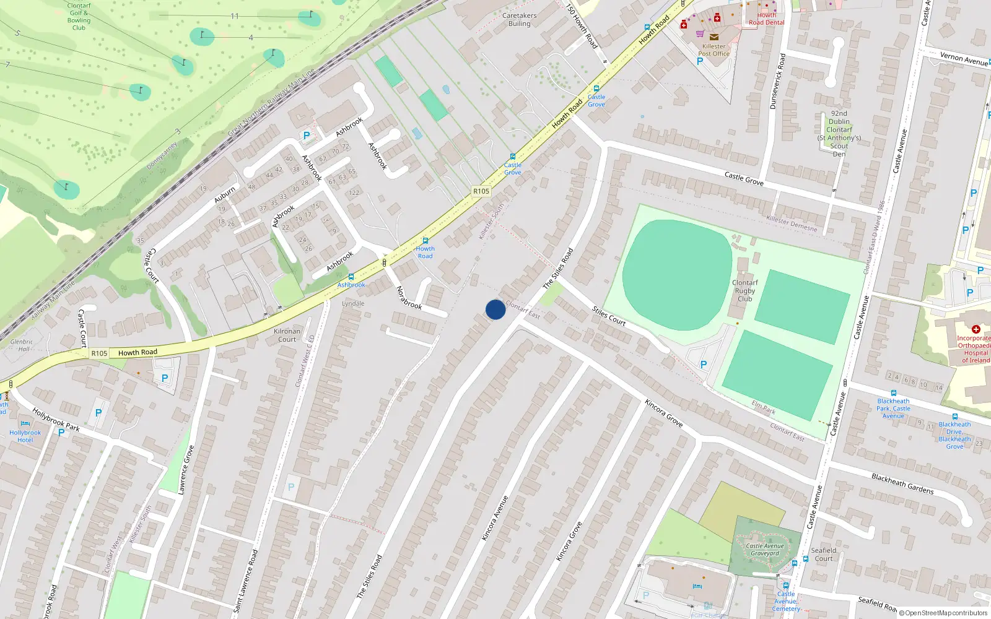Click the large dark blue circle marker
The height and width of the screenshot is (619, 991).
(x=495, y=309)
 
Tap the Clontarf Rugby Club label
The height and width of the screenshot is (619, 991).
(x=744, y=290)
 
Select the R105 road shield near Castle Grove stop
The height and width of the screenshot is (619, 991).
(x=481, y=191)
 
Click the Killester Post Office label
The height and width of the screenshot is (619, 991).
(x=714, y=50)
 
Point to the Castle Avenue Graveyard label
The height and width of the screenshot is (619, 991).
(x=765, y=550)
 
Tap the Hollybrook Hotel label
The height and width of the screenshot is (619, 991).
(x=25, y=436)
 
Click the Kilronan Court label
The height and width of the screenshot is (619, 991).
(x=287, y=335)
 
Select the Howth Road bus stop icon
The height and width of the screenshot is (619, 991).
(x=425, y=241)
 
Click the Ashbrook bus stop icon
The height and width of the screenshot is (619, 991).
(x=351, y=277)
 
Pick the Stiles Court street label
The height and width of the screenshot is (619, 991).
(x=609, y=316)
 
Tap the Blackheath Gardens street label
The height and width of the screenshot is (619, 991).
(x=902, y=483)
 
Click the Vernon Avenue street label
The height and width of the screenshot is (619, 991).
(x=964, y=59)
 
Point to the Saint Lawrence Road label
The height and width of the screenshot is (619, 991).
(x=245, y=581)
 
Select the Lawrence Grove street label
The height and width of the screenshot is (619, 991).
(x=186, y=469)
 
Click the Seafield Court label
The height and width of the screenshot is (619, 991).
(x=824, y=554)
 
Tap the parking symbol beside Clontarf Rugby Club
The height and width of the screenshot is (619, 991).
(x=703, y=365)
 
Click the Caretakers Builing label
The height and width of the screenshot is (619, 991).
(x=520, y=20)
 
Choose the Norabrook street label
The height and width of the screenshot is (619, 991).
(x=409, y=297)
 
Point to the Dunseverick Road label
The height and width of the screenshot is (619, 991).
(x=777, y=81)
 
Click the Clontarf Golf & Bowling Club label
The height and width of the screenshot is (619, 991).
(x=79, y=17)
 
